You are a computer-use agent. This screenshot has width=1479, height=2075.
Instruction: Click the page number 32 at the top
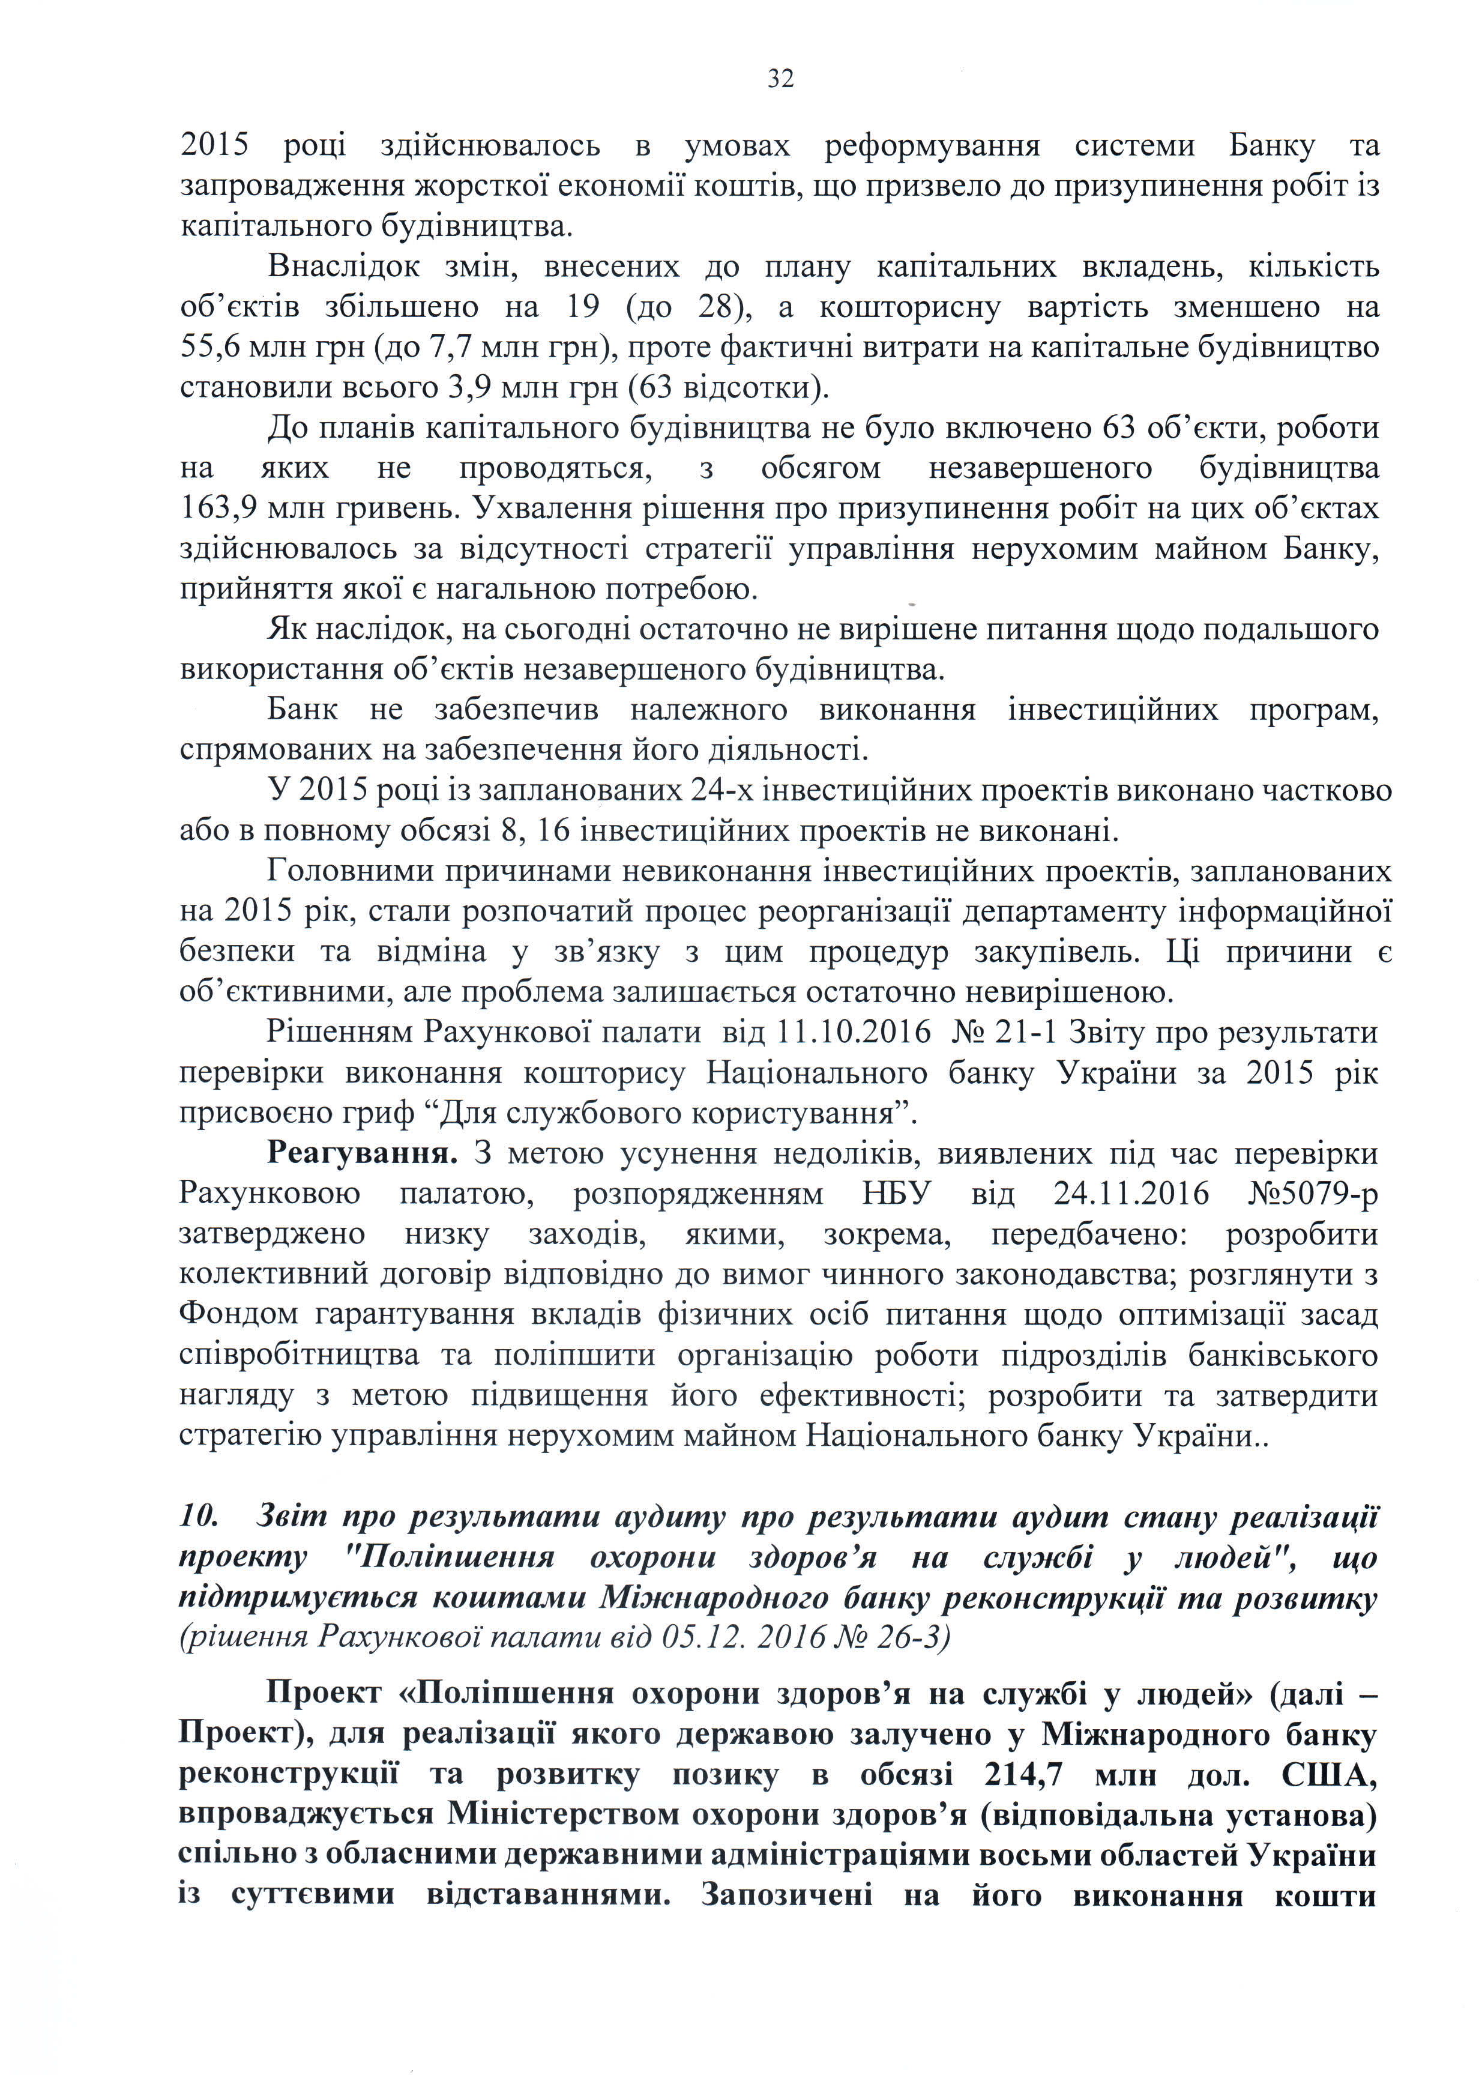780,79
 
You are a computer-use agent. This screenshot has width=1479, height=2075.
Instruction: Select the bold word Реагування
361,1153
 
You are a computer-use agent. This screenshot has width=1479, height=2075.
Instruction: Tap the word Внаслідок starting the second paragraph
343,267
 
